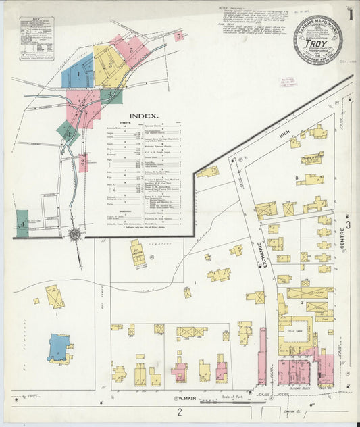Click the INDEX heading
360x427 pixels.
click(x=144, y=116)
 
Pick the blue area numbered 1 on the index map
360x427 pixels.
click(x=78, y=74)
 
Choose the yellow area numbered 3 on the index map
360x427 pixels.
click(x=108, y=65)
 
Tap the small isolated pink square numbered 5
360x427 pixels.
click(x=178, y=36)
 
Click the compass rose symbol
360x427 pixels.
click(x=74, y=234)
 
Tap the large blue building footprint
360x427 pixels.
click(x=59, y=347)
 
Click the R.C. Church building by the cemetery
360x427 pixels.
click(x=137, y=252)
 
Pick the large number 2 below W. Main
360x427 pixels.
click(x=180, y=411)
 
